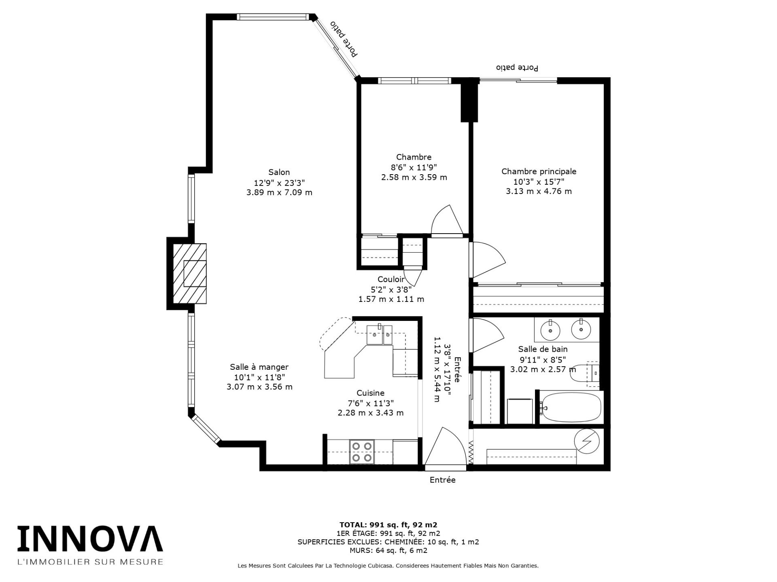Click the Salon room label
coord(279,172)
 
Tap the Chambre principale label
coord(539,171)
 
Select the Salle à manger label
coord(259,367)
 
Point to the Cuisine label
coord(370,393)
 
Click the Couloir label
coord(391,279)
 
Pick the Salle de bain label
coord(543,349)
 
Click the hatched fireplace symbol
coord(190,273)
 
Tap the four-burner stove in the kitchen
coord(362,452)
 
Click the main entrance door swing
coord(444,447)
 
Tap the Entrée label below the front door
coord(442,480)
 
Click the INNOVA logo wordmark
coord(90,538)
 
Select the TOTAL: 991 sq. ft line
coord(388,525)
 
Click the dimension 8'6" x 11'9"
coord(414,167)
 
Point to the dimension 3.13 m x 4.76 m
coord(539,191)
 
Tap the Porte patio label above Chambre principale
coord(517,67)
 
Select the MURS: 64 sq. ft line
coord(388,550)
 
